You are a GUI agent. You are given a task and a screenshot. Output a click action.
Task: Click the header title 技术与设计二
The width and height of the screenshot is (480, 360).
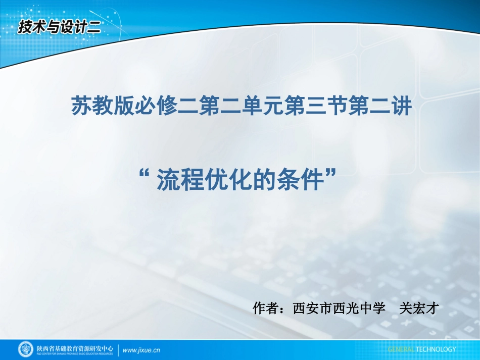[x=60, y=26]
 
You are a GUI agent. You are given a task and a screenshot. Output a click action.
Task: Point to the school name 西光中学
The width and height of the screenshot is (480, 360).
[x=360, y=308]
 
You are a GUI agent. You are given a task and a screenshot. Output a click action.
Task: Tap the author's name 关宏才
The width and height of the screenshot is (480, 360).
[x=417, y=308]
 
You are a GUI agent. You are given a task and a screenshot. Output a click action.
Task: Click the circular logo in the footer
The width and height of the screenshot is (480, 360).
[x=26, y=349]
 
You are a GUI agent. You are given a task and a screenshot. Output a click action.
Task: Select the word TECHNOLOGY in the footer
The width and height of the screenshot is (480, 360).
[x=436, y=349]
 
